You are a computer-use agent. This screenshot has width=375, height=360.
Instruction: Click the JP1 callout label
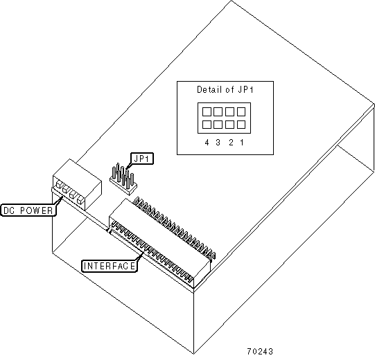142,159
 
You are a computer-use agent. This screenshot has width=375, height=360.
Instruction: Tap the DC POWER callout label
28,210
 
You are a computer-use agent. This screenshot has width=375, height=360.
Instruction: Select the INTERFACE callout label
110,266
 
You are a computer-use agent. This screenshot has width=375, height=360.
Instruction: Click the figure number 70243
260,351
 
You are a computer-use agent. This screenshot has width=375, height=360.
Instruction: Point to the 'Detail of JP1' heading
225,89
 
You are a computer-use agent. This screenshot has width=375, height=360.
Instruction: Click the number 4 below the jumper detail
207,143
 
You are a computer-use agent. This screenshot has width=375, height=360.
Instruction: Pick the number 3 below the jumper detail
218,143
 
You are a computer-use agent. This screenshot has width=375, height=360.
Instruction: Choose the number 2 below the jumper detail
231,143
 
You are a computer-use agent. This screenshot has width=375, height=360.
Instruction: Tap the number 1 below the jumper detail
242,143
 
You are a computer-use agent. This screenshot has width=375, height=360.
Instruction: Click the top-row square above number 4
207,111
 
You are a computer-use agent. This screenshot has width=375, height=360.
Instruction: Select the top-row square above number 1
241,111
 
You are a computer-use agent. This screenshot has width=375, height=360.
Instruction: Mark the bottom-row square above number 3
218,125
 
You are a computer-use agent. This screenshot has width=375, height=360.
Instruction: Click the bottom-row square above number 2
229,125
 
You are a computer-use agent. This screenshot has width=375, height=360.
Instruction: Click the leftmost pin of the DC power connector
58,184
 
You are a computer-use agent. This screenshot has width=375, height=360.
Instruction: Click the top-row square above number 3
218,111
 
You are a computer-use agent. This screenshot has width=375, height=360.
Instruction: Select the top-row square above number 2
229,111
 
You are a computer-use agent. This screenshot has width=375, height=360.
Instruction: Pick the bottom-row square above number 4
207,125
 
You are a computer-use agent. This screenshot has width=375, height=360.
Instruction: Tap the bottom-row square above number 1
241,125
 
